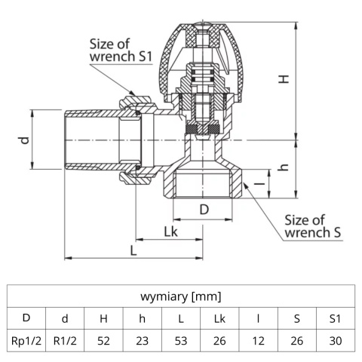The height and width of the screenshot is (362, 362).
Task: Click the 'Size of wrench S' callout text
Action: coord(313,226)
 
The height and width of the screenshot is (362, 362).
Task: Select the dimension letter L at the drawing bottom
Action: coord(133,250)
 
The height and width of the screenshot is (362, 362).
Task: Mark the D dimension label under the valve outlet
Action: coord(204,208)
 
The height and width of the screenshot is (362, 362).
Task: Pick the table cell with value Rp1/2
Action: coord(26,340)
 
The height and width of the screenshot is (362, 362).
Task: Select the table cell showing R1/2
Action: coord(65,340)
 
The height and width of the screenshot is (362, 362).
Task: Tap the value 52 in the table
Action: coord(103,340)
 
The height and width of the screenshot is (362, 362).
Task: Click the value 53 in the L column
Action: coord(181,340)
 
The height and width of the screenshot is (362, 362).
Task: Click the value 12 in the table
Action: coord(258,340)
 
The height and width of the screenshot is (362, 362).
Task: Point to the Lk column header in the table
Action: coord(219,318)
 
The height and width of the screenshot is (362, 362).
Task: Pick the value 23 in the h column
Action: coord(142,340)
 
